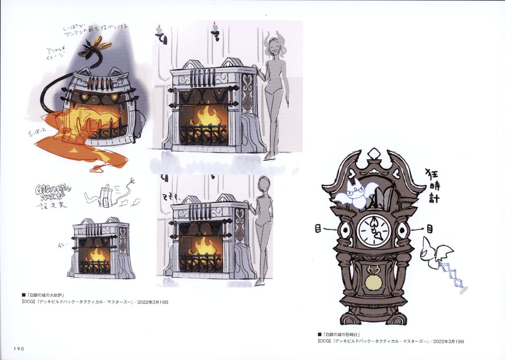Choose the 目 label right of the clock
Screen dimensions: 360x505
pyautogui.click(x=429, y=229)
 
